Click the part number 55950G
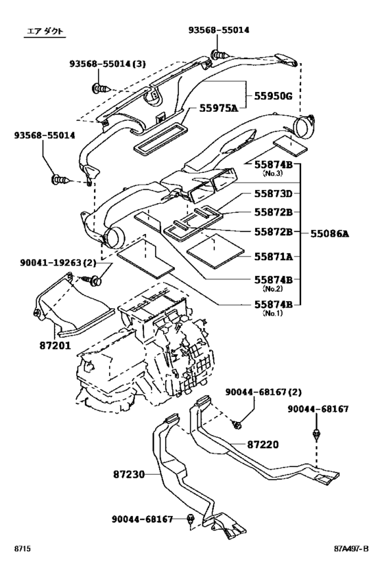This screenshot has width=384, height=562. [274, 96]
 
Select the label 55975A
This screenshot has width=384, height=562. [219, 108]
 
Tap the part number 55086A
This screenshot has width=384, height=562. [330, 234]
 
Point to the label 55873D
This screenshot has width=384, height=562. [274, 194]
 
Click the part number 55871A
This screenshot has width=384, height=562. [274, 256]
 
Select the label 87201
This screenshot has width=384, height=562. [55, 346]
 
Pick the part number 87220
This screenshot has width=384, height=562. [263, 445]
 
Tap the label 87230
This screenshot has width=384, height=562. [129, 474]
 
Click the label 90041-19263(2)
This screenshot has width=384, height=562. [58, 263]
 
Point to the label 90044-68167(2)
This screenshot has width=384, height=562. [263, 392]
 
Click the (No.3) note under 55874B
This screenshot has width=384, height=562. [273, 174]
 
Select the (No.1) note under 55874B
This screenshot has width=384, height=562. [273, 313]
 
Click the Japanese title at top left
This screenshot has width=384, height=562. [45, 32]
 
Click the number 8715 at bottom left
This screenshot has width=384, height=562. [22, 548]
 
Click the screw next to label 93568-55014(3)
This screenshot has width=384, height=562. [100, 88]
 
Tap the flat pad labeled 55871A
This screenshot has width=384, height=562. [215, 251]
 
